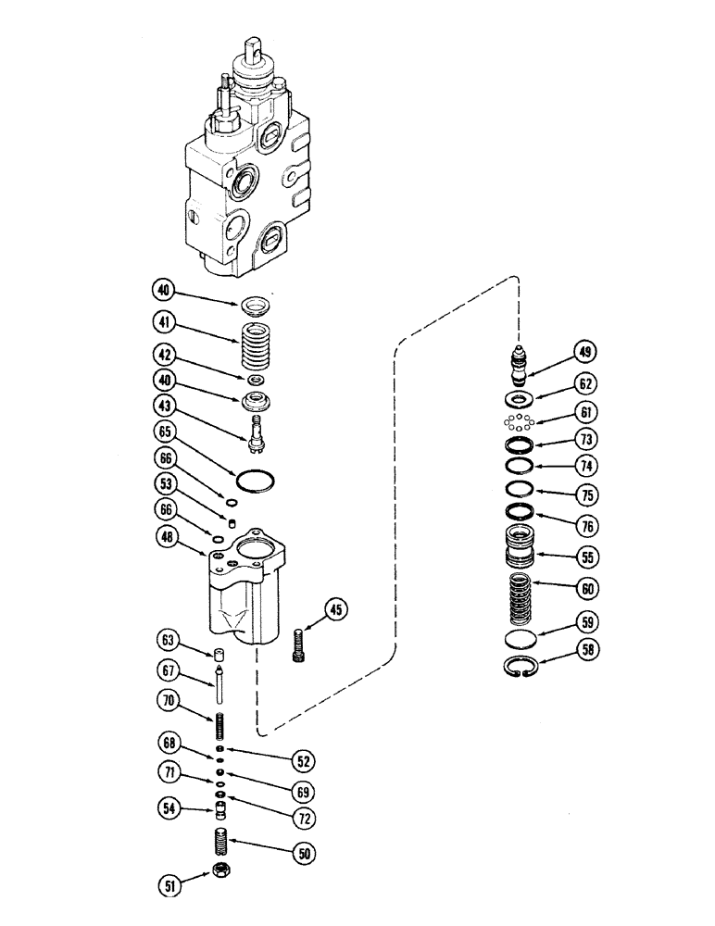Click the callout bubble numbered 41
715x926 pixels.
(x=165, y=323)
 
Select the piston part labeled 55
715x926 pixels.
(x=524, y=548)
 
